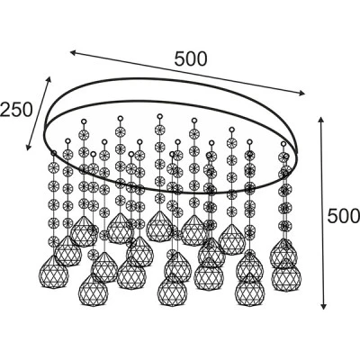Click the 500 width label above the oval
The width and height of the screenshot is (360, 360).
pos(191,58)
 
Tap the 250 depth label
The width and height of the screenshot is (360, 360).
pos(15,110)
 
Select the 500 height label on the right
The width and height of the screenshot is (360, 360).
pos(343,216)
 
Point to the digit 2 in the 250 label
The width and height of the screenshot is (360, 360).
pos(5,110)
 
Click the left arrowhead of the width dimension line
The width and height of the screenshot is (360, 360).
pos(74,53)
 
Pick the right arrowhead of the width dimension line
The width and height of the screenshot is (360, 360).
pos(301,94)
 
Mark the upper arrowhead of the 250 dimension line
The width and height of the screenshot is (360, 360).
pos(49,79)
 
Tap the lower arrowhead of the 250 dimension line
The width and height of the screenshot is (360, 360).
pos(29,147)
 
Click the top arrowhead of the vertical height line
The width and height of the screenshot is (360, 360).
pos(321,121)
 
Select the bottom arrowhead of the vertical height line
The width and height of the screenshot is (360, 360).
pos(323,306)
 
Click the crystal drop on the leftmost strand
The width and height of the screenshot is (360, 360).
pos(54,272)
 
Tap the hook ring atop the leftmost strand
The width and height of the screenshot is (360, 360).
pos(54,153)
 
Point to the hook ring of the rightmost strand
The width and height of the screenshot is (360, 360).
pos(286,156)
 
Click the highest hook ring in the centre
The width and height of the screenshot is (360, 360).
pos(159,116)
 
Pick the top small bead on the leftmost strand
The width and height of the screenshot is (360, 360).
pos(54,167)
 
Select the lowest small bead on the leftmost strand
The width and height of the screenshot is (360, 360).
pos(54,241)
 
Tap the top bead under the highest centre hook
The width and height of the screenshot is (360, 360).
pos(159,130)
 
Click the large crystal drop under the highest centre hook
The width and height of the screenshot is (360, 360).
pos(159,226)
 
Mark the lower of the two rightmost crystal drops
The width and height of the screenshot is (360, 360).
pos(286,275)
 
